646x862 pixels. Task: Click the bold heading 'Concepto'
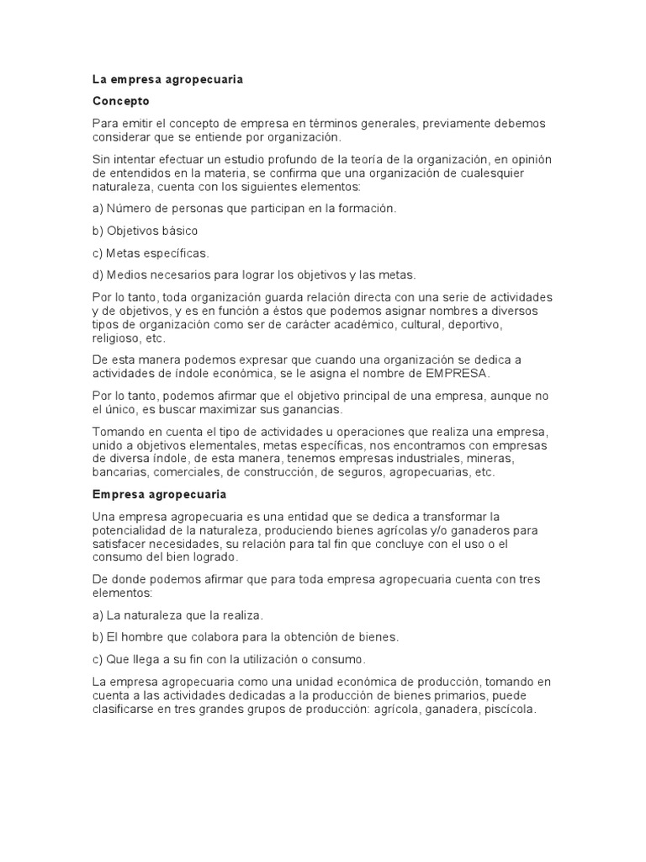pyautogui.click(x=120, y=101)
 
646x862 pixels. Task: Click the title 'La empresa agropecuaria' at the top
pyautogui.click(x=167, y=79)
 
